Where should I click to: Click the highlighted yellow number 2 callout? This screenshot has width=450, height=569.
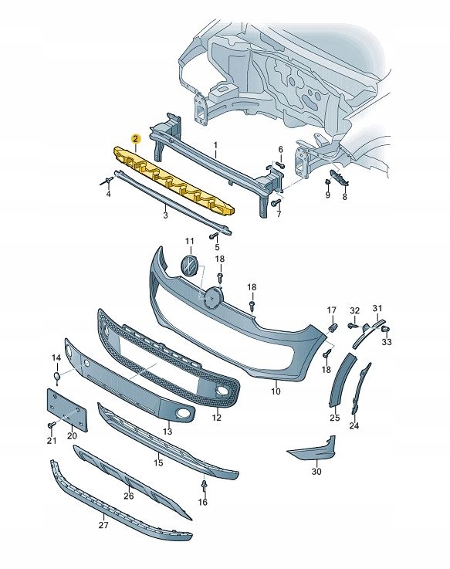point(135,138)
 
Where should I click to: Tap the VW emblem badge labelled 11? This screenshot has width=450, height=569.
point(189,264)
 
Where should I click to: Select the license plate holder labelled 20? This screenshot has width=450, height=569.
point(67,410)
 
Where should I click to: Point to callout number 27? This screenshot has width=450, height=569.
point(103,525)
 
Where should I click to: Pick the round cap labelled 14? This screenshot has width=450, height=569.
point(56,376)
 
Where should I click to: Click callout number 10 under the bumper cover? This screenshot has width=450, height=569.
point(276,391)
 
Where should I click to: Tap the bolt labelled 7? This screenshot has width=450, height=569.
point(276,202)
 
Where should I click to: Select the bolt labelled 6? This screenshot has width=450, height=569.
point(279,165)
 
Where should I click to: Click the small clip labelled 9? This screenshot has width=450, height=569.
point(327,182)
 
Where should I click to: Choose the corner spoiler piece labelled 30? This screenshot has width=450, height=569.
point(313,448)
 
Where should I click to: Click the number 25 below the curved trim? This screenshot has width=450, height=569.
point(334,418)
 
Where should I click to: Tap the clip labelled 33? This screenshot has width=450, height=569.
point(386,330)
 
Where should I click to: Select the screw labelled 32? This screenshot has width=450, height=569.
point(352,326)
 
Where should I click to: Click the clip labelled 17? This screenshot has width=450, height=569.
point(333,327)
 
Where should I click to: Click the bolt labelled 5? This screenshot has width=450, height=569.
point(213,236)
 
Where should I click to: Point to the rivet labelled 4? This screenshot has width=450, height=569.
point(107,181)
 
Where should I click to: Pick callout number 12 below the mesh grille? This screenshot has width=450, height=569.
point(217,418)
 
